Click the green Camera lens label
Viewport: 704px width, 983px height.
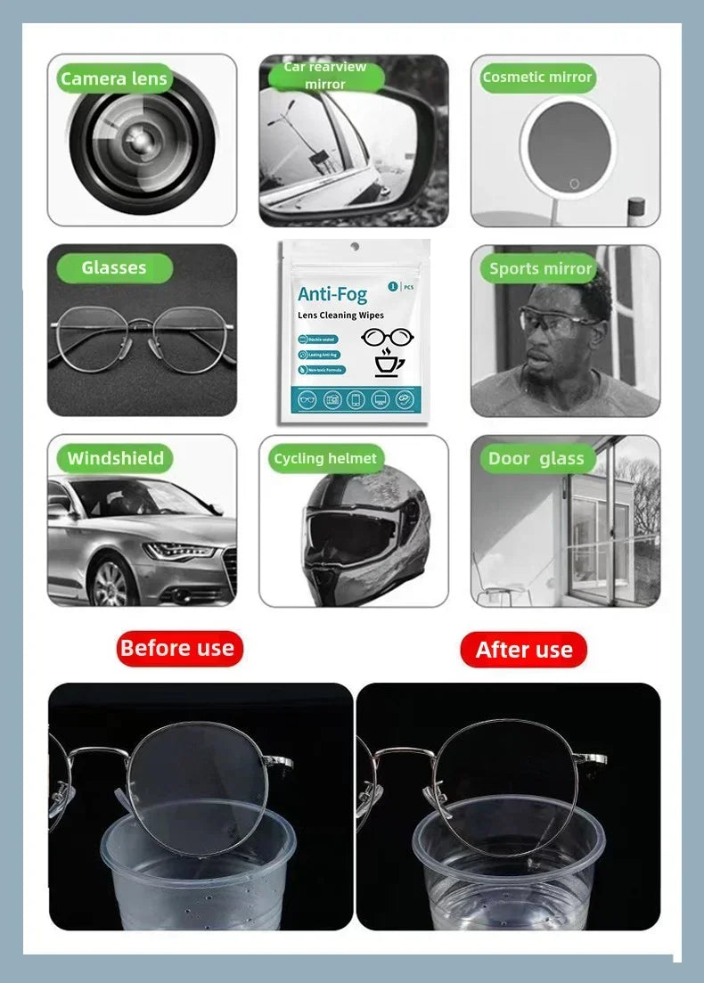pyautogui.click(x=113, y=79)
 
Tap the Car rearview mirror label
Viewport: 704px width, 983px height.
pyautogui.click(x=325, y=76)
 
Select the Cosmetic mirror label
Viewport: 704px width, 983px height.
pyautogui.click(x=536, y=78)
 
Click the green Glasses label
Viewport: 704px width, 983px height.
pyautogui.click(x=113, y=268)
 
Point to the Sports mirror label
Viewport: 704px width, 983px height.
pyautogui.click(x=540, y=268)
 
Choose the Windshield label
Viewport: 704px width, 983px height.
pyautogui.click(x=116, y=459)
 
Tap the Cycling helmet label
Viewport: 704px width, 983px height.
pyautogui.click(x=325, y=459)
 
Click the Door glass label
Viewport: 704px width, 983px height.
pyautogui.click(x=536, y=459)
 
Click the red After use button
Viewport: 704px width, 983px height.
pyautogui.click(x=524, y=650)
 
